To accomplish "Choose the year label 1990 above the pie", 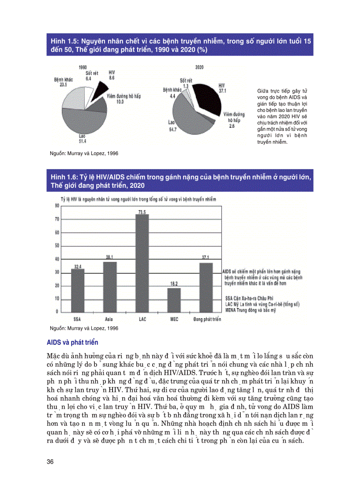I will click(82, 67).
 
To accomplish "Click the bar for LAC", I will click(142, 263).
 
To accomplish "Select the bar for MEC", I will click(174, 300).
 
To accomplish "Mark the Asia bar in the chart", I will click(110, 287).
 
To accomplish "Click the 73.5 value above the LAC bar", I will click(142, 212).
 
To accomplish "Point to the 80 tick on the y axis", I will click(57, 206).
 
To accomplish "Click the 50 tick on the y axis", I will click(57, 246).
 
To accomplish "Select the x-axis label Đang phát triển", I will click(207, 319).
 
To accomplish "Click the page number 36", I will click(50, 461).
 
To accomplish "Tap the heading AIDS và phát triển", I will click(72, 342).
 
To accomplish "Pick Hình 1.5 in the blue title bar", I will click(64, 41).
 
